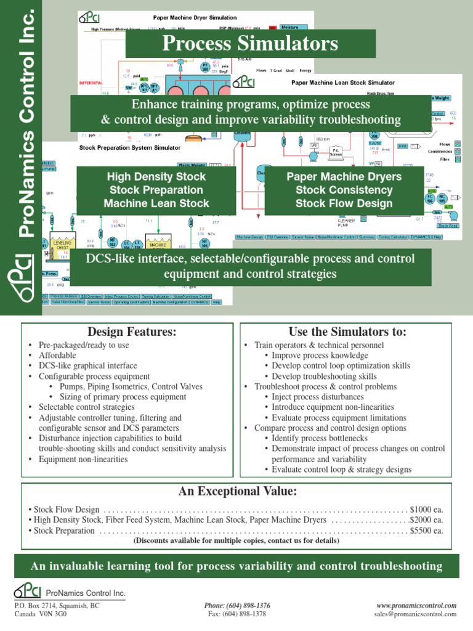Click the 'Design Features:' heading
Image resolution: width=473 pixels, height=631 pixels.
[132, 332]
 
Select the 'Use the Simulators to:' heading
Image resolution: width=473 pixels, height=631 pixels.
[347, 332]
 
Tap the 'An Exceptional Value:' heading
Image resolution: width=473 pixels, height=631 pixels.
[237, 491]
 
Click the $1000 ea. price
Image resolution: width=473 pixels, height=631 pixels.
[427, 510]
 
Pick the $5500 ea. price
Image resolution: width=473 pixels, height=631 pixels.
[427, 530]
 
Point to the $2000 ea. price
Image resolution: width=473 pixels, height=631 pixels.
[427, 520]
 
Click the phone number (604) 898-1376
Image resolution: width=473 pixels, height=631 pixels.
[237, 606]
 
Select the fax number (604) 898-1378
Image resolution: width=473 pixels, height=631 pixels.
[237, 614]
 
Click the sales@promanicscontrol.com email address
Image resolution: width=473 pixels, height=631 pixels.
[415, 614]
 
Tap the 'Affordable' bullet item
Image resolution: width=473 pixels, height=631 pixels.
[58, 356]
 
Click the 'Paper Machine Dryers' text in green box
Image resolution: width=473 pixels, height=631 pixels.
[344, 177]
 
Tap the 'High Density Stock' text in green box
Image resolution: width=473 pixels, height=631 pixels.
[156, 177]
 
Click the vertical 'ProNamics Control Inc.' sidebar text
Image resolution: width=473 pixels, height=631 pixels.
[25, 123]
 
